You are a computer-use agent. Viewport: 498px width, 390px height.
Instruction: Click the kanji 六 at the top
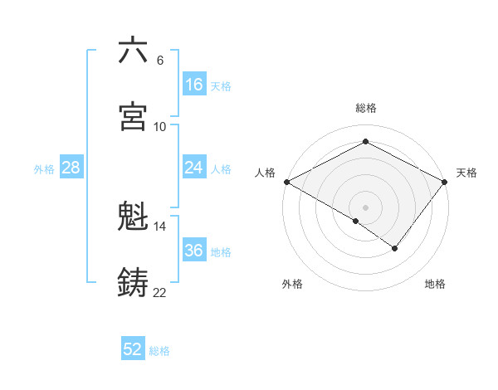[x=133, y=51]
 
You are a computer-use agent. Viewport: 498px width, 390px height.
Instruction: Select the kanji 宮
[x=133, y=117]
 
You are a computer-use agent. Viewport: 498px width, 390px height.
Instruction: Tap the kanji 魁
[x=133, y=217]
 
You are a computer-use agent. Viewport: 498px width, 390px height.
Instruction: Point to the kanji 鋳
[x=133, y=283]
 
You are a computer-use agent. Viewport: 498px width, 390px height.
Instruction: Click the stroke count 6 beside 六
[x=159, y=61]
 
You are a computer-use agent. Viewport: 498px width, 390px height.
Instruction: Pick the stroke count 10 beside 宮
[x=159, y=126]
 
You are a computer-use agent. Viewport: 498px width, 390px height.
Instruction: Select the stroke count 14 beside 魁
[x=159, y=226]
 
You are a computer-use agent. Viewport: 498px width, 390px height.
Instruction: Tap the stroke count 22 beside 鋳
[x=159, y=292]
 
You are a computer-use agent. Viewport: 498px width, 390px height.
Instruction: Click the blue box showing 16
[x=193, y=85]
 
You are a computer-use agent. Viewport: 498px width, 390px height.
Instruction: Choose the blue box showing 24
[x=193, y=168]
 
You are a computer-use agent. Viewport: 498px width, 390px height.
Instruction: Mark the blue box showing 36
[x=193, y=251]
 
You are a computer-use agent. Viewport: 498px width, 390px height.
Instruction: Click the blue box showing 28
[x=71, y=168]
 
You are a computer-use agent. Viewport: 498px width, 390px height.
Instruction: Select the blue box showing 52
[x=133, y=349]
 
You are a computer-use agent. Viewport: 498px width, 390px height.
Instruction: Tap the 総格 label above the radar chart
[x=366, y=108]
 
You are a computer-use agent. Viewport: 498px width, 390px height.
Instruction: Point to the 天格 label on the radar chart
[x=466, y=173]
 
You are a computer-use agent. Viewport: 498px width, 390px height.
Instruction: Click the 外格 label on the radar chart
[x=292, y=284]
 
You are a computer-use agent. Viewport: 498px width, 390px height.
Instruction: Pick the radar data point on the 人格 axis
[x=286, y=181]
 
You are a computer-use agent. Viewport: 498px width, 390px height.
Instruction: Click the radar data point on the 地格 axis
[x=395, y=248]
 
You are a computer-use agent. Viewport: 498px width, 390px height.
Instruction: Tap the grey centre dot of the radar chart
[x=366, y=207]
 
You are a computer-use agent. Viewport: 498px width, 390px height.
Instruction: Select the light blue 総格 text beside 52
[x=159, y=351]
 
